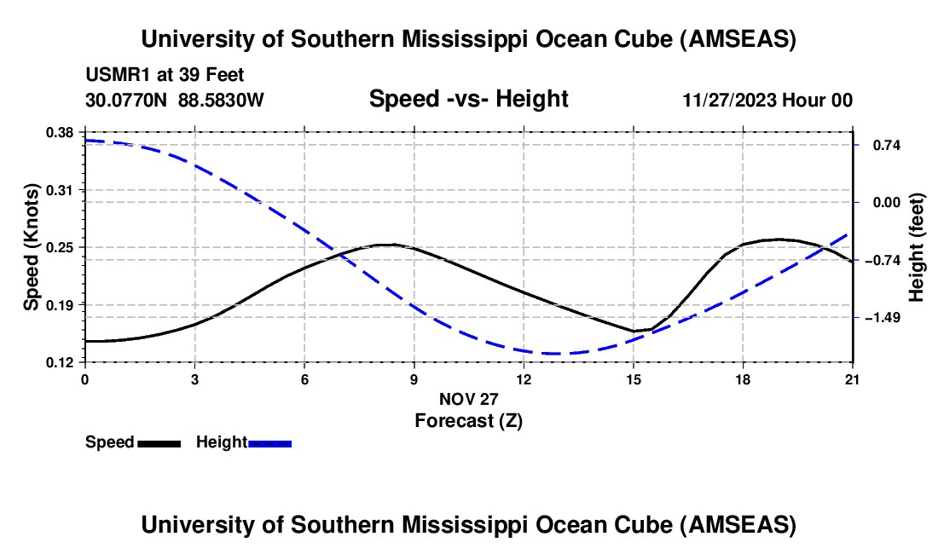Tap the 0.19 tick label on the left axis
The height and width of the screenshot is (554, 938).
pos(61,304)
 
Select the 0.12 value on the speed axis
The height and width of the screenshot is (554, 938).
pos(61,362)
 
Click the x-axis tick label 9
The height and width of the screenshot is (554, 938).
pos(414,378)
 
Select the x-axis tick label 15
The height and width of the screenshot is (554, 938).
pos(634,378)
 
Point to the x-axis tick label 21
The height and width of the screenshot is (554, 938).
pos(853,378)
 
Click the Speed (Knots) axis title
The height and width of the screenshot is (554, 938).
pos(32,247)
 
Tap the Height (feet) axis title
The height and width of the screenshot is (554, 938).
pos(917,247)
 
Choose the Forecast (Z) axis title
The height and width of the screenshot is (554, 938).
pos(468,420)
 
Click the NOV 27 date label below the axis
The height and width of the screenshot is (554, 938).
pos(468,399)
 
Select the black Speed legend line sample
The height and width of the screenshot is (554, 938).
pos(159,443)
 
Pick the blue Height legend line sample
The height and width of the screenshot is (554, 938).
pos(270,443)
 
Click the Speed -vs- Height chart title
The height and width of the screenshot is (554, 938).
pos(468,99)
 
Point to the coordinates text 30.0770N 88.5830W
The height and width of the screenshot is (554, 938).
pos(175,101)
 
